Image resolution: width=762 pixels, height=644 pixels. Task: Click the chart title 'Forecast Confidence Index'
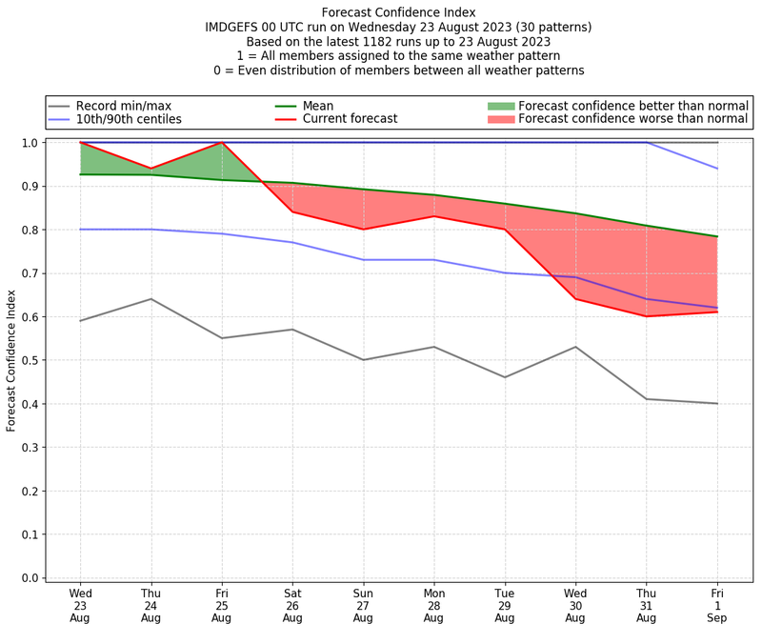click(x=398, y=12)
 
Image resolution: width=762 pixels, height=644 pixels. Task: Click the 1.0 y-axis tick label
click(x=30, y=143)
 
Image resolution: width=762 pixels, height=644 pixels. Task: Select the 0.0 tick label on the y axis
click(x=30, y=578)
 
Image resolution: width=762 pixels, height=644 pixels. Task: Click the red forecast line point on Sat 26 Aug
click(x=292, y=211)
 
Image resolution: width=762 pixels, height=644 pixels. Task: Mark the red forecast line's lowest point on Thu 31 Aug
click(x=647, y=316)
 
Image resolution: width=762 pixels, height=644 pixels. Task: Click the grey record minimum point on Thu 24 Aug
click(x=150, y=299)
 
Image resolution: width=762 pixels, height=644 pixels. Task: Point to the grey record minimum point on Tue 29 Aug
click(x=505, y=377)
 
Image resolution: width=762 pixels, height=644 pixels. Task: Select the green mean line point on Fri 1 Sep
click(x=717, y=236)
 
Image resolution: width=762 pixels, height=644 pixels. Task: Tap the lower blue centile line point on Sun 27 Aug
click(x=363, y=260)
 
